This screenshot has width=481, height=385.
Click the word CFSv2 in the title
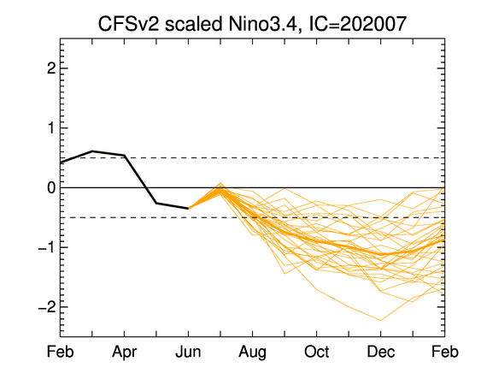point(129,24)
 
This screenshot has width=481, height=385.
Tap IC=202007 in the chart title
point(357,24)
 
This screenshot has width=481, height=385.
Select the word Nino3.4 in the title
point(263,24)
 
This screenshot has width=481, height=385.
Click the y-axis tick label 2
point(51,68)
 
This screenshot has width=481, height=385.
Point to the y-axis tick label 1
point(51,127)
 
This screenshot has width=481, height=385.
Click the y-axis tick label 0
point(51,187)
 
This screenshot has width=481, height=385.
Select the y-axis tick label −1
point(47,247)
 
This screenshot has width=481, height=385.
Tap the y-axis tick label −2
point(47,307)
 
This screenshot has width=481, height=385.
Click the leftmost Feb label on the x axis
point(61,352)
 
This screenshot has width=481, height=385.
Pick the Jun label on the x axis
point(188,352)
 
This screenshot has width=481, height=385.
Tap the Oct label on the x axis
point(317,352)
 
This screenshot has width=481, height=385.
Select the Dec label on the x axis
point(381,352)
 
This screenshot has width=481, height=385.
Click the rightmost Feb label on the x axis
point(445,352)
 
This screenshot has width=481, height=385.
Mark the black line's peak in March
point(92,151)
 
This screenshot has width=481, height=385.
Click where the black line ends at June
point(188,208)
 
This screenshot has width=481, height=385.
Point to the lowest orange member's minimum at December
point(381,321)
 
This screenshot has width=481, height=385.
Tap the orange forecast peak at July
point(220,183)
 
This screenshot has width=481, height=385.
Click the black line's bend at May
point(156,203)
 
